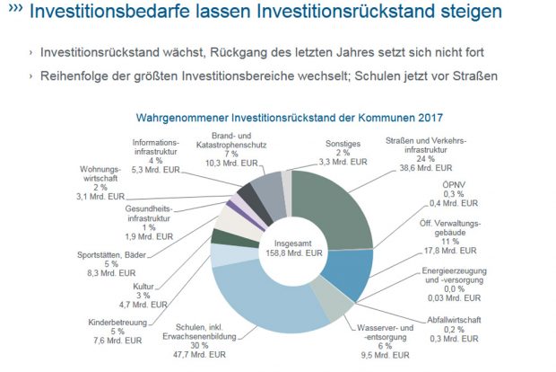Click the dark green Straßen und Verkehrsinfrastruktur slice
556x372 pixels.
point(336,202)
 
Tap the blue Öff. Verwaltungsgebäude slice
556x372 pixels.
point(352,272)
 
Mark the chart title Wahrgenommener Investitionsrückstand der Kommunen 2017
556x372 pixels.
point(289,118)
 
